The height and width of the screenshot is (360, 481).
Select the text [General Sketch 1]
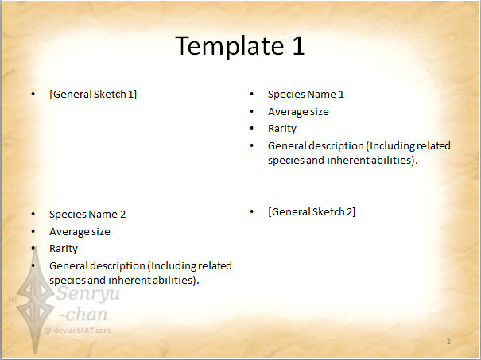[93, 94]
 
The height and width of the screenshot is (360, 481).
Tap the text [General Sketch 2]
[312, 211]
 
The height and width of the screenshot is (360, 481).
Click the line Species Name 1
[306, 94]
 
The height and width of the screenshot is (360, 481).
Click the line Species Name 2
[87, 214]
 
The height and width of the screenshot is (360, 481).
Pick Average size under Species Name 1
[298, 111]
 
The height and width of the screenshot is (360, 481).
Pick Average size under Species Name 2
[80, 231]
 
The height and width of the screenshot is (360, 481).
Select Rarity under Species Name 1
[282, 129]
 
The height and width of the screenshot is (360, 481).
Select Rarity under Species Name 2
[64, 249]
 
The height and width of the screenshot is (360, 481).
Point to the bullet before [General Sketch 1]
[33, 94]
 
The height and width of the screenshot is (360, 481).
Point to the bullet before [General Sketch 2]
[251, 211]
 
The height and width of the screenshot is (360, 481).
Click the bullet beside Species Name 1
[251, 94]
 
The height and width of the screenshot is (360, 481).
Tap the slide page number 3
[448, 342]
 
